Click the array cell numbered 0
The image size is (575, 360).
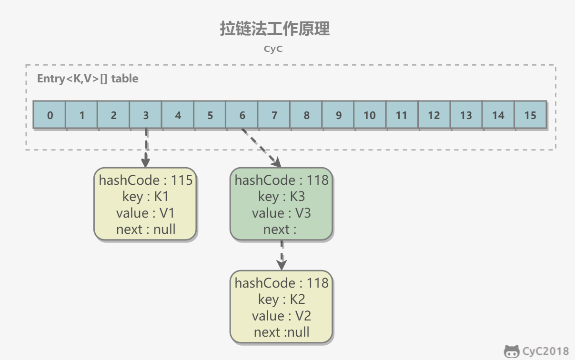[x=50, y=115]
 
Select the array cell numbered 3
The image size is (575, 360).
[x=146, y=115]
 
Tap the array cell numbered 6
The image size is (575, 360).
[x=242, y=115]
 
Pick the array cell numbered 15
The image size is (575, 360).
[x=530, y=115]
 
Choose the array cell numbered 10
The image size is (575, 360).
[x=370, y=115]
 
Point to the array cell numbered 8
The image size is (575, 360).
[x=306, y=115]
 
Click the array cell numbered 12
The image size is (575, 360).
[x=434, y=115]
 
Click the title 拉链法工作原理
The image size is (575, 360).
[x=274, y=29]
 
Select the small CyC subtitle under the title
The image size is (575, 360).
[x=273, y=49]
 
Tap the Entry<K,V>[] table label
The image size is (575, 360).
[x=88, y=79]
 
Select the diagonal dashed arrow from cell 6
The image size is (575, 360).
[x=261, y=148]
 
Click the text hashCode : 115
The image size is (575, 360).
[x=146, y=180]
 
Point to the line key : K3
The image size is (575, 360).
[x=282, y=197]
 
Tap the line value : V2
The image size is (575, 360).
[x=282, y=316]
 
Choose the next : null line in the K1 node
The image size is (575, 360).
[x=146, y=229]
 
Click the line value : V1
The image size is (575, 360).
[x=146, y=213]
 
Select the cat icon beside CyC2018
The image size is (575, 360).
[x=512, y=351]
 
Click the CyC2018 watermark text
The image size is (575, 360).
[x=545, y=351]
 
